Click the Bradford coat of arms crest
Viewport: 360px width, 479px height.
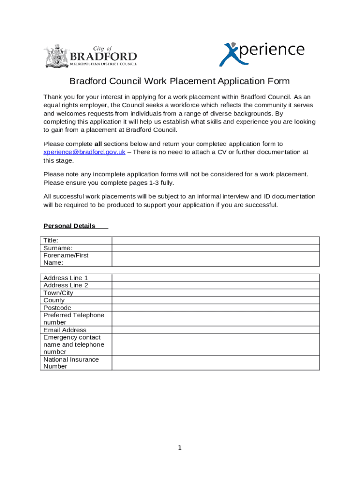56,56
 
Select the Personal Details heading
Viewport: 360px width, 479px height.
69,226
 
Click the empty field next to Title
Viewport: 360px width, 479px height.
216,240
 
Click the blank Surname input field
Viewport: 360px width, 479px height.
216,248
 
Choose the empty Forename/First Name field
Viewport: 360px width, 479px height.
216,259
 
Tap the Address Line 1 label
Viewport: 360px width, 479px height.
65,278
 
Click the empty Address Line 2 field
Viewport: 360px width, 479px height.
216,285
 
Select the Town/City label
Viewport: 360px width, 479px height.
58,293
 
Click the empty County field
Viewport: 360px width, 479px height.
216,300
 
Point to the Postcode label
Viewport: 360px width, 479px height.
58,308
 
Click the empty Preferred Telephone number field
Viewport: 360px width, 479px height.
216,319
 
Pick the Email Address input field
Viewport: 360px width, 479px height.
216,330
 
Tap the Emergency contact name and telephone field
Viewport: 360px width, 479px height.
216,344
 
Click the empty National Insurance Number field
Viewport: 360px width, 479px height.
216,363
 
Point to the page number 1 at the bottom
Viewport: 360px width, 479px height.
180,448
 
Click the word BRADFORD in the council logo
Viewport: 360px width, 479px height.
103,57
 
